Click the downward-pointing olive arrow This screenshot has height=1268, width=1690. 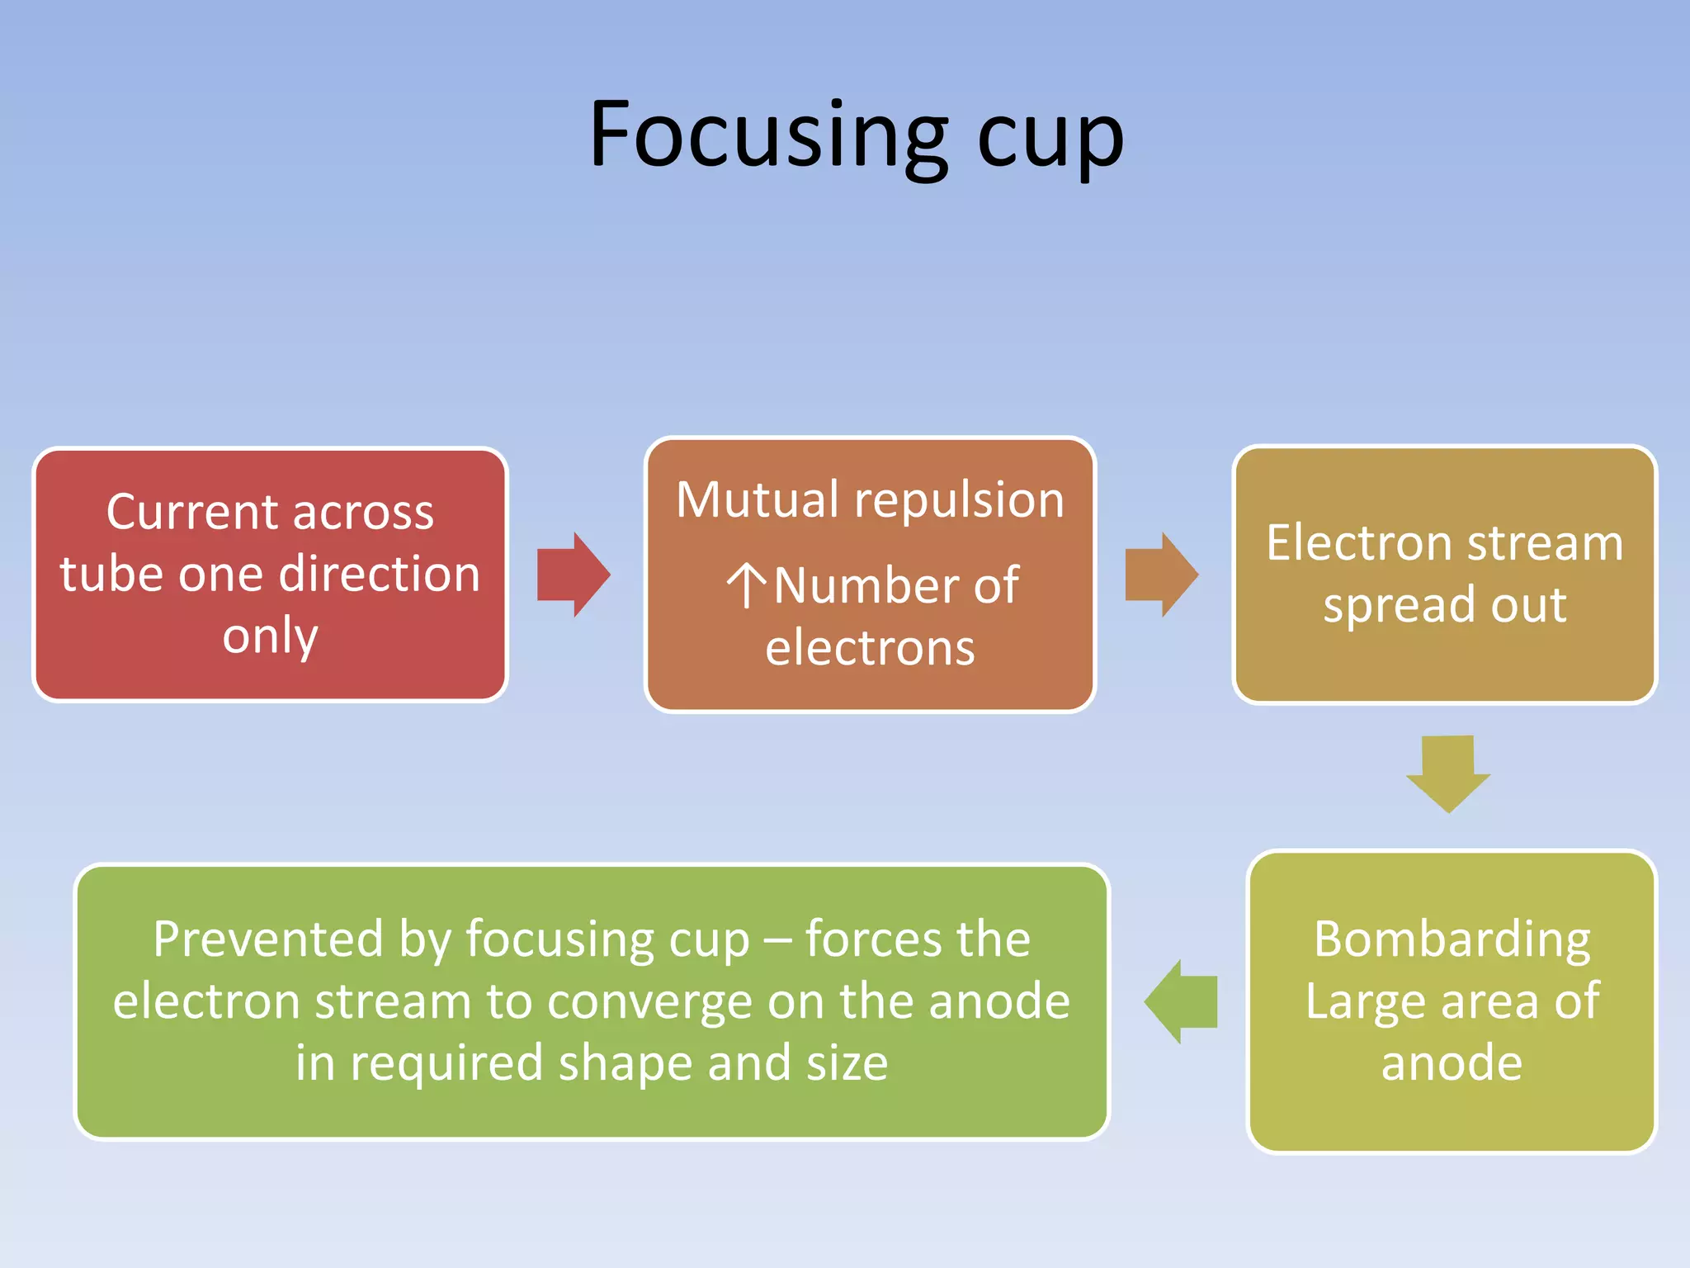coord(1448,773)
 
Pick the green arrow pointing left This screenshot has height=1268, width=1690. coord(1181,1001)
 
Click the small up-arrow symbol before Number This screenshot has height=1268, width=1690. coord(747,585)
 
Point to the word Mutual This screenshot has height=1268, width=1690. coord(758,499)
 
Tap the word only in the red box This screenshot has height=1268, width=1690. coord(270,636)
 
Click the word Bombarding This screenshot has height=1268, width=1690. coord(1452,940)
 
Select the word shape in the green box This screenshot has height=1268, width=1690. coord(626,1064)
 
